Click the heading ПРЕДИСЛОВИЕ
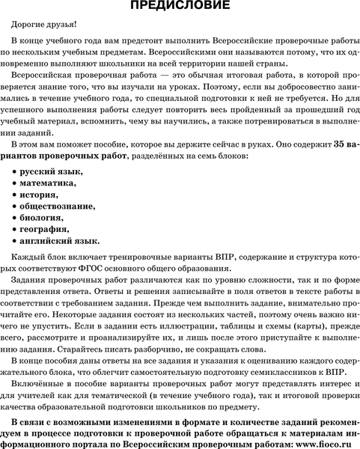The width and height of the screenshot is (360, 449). (180, 7)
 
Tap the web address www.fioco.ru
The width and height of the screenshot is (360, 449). (318, 442)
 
